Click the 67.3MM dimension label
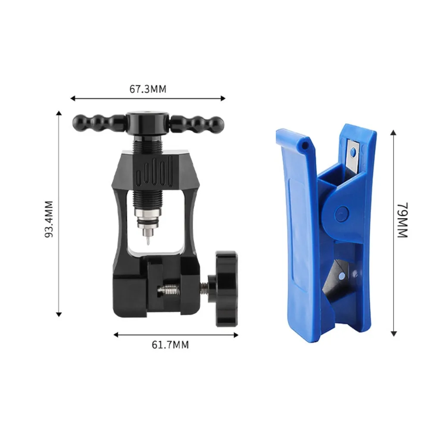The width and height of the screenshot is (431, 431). tap(148, 89)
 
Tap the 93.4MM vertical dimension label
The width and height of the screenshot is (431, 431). tap(49, 219)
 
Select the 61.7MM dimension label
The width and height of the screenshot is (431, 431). tap(170, 345)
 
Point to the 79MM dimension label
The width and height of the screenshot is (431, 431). tap(403, 220)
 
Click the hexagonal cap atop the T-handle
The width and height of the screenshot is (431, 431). tap(147, 122)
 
